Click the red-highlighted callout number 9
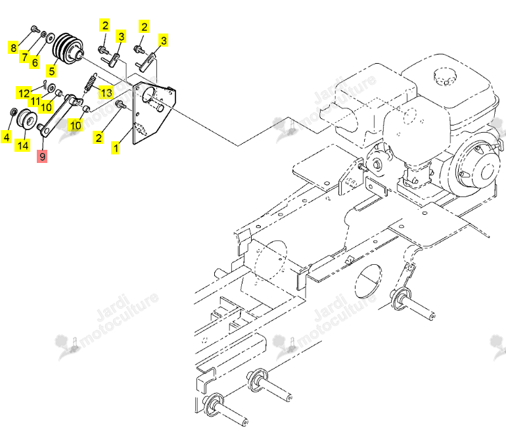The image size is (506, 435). click(x=42, y=156)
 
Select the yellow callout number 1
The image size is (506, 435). click(x=115, y=149)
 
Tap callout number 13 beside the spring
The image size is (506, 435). click(x=106, y=93)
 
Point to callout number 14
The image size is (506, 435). click(x=22, y=145)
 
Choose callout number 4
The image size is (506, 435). click(x=7, y=137)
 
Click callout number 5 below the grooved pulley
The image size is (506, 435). click(x=51, y=71)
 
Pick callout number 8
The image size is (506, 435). click(x=13, y=48)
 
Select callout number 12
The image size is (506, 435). click(x=24, y=93)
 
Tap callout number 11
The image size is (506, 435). click(x=35, y=101)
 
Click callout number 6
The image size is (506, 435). click(x=35, y=62)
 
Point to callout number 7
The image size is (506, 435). click(x=24, y=57)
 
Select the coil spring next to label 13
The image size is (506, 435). click(x=91, y=83)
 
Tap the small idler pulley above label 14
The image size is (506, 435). click(x=26, y=119)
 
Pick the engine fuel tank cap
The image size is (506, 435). click(x=445, y=77)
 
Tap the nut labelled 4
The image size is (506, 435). click(x=14, y=112)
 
